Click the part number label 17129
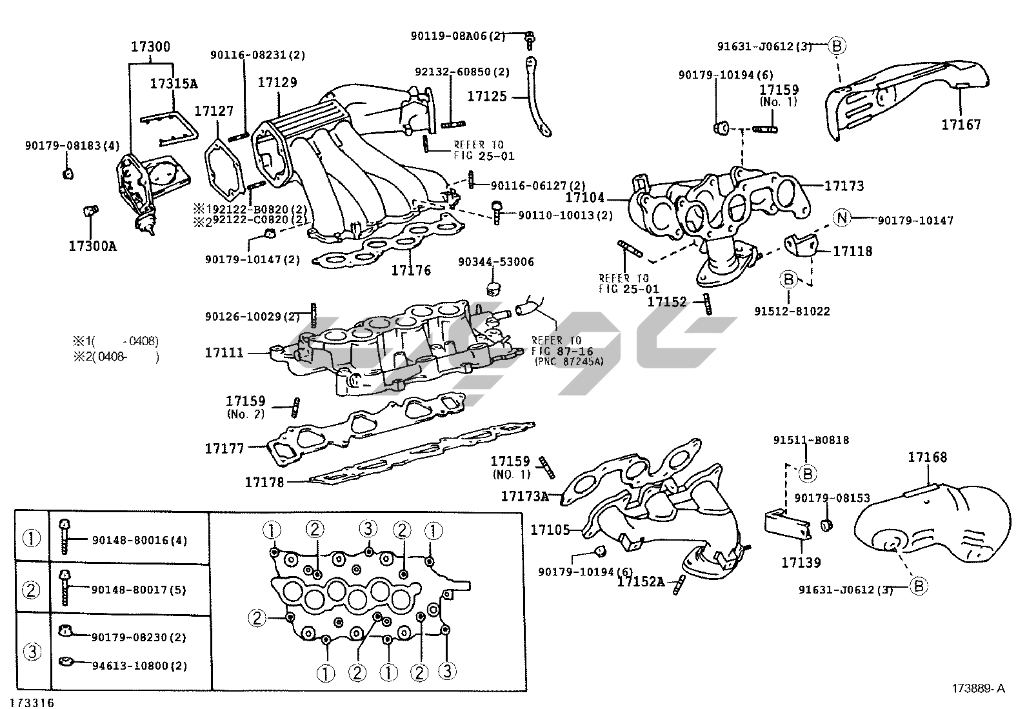[277, 83]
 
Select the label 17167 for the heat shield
[961, 125]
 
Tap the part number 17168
[927, 457]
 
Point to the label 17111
[224, 353]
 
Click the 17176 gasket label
[411, 270]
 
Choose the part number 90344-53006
[496, 263]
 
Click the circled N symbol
[841, 218]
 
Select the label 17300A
[93, 246]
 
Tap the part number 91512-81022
[792, 311]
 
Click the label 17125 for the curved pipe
[487, 97]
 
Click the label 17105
[550, 530]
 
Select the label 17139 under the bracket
[801, 563]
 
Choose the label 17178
[264, 482]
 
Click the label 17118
[852, 251]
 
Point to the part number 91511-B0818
[811, 440]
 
